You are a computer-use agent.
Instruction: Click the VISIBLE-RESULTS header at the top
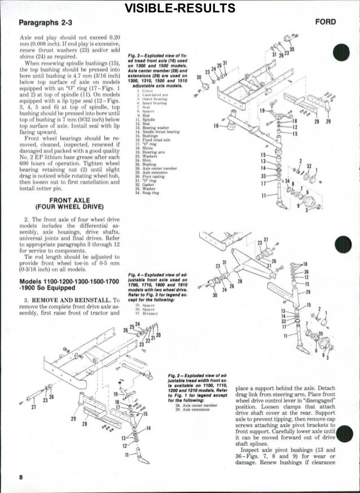[180, 8]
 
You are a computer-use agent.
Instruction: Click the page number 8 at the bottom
[21, 477]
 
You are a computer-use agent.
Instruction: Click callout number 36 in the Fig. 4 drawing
[306, 271]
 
